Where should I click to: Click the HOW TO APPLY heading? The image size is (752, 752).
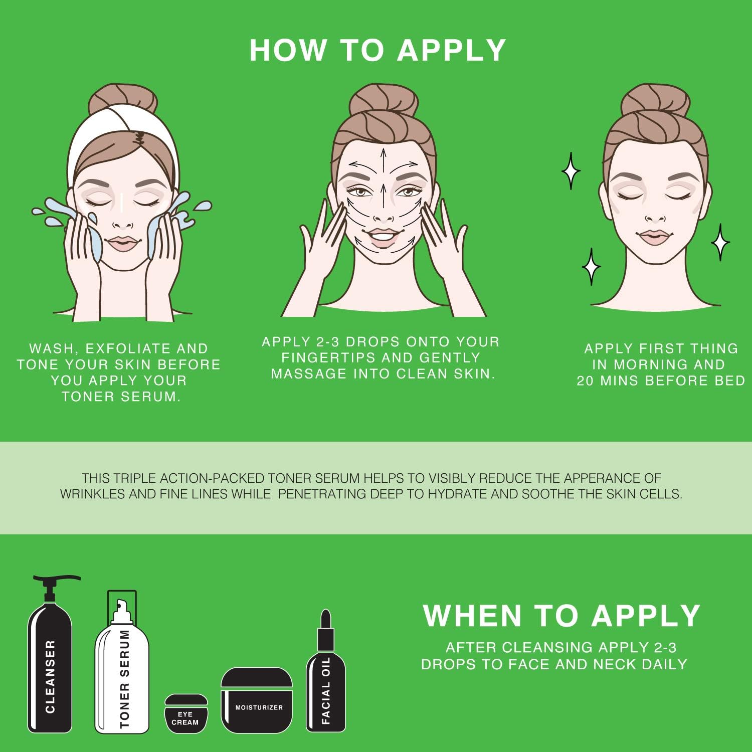tap(378, 50)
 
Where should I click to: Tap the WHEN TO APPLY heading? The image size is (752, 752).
tap(561, 616)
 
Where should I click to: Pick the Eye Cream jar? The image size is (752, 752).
tap(185, 713)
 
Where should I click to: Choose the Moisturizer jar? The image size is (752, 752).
tap(257, 700)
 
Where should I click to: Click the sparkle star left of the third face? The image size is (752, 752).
tap(571, 171)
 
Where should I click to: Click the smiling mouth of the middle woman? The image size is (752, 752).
tap(384, 235)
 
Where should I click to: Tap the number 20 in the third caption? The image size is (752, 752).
tap(585, 381)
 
